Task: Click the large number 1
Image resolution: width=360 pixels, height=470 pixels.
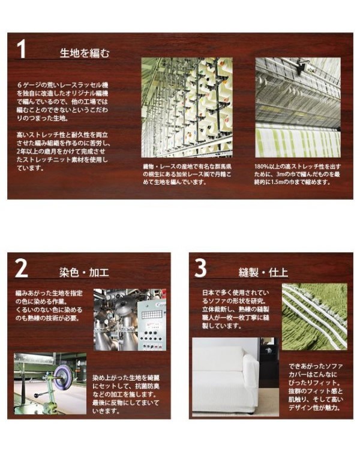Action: click(22, 49)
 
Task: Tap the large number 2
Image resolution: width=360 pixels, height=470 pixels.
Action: click(22, 268)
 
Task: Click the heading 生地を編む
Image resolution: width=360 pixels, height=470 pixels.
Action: click(85, 53)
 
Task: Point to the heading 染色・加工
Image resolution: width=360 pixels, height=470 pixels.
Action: click(84, 272)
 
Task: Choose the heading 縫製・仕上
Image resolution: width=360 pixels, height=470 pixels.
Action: click(263, 272)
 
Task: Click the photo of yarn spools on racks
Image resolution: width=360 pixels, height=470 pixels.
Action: click(187, 107)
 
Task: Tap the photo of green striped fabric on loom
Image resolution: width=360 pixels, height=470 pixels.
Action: click(298, 107)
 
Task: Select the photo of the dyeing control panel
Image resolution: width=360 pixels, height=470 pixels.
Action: click(130, 320)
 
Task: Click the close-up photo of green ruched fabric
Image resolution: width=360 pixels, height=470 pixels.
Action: click(314, 317)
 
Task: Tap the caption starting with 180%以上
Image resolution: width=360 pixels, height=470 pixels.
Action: click(298, 174)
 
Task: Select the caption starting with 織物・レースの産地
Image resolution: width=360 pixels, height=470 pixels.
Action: click(187, 174)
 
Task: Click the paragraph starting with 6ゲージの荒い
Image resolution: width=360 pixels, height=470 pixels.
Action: click(62, 101)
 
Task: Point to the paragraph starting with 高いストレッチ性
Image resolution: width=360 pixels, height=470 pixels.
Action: click(62, 151)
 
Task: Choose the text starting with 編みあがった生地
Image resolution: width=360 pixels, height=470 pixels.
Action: click(49, 306)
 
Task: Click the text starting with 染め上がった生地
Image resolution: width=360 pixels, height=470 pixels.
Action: click(126, 394)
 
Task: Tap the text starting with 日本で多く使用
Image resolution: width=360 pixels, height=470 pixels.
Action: click(236, 309)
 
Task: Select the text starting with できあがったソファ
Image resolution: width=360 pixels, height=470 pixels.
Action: click(316, 387)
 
